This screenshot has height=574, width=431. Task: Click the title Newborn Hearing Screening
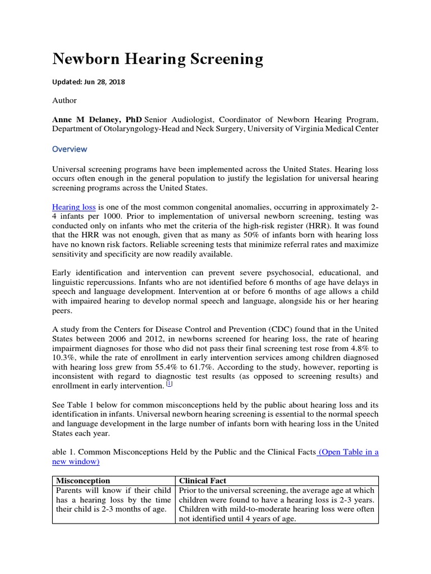157,59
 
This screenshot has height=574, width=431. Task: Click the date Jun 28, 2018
105,82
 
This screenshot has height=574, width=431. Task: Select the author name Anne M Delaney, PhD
97,119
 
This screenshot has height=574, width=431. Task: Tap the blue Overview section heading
70,149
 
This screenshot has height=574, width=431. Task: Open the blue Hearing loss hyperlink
75,207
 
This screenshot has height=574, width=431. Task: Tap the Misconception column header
83,480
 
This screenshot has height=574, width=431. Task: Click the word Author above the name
65,100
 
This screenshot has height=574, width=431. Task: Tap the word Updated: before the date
67,82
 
